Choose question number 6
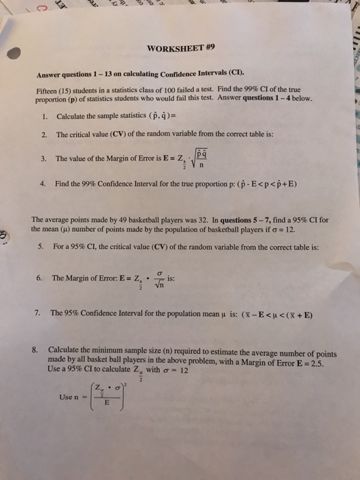40,279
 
